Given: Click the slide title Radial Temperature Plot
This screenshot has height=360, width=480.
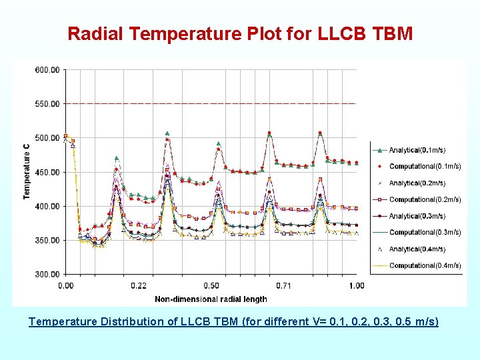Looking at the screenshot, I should click(x=240, y=33).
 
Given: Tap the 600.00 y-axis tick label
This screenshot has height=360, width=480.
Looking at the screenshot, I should click(x=46, y=70).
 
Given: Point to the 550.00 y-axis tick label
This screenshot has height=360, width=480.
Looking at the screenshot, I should click(x=46, y=104).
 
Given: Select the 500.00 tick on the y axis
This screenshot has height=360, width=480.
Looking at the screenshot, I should click(x=46, y=138).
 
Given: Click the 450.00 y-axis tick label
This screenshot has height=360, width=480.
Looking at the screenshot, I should click(x=46, y=172).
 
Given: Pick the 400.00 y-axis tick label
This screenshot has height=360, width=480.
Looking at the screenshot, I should click(x=46, y=206).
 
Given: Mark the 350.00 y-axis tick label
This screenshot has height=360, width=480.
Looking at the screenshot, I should click(x=46, y=240).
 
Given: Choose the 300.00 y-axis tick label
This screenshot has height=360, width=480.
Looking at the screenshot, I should click(x=46, y=274).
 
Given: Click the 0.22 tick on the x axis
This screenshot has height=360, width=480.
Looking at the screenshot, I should click(x=139, y=286).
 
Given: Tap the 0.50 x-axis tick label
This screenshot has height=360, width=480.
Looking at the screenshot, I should click(x=211, y=286).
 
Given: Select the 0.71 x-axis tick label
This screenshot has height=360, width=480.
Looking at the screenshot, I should click(x=284, y=286).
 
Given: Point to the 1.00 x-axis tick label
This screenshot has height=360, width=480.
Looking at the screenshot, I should click(x=357, y=286).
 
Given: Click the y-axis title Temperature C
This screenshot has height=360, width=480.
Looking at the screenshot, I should click(x=27, y=172).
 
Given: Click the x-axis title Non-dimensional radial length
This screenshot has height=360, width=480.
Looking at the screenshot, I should click(x=211, y=299).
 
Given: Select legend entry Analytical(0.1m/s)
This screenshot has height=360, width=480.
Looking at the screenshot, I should click(x=417, y=150).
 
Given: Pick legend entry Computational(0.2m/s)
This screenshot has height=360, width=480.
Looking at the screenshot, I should click(x=425, y=199).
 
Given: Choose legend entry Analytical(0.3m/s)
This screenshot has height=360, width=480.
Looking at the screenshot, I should click(x=417, y=216).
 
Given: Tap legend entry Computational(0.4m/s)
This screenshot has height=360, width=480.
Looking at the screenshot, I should click(x=425, y=265).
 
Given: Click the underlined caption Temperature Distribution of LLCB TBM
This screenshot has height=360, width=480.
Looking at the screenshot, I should click(x=233, y=321).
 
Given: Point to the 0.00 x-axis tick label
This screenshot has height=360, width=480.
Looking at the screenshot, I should click(x=66, y=286).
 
